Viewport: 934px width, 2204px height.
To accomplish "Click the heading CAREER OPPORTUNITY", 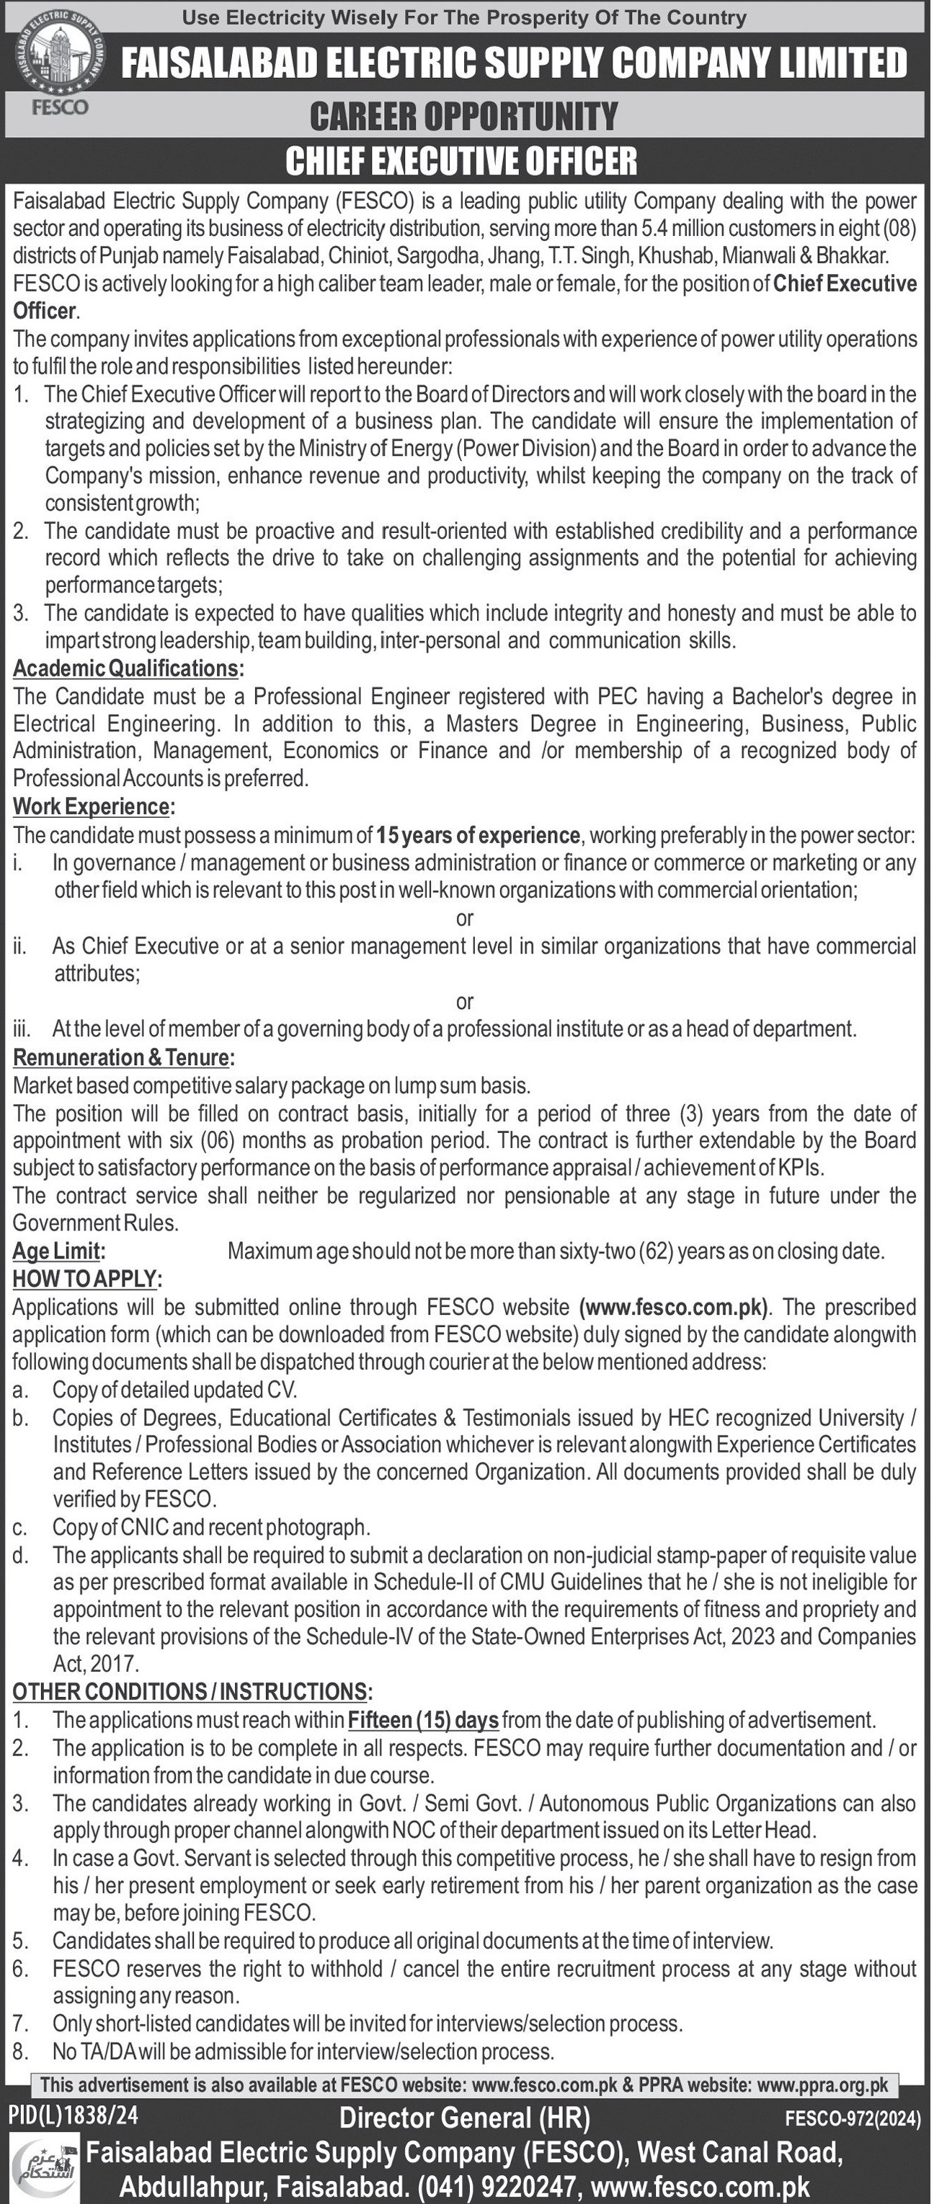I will click(463, 116).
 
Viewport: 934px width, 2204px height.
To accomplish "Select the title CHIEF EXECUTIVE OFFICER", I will click(461, 161).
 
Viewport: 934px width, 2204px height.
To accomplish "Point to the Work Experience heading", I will click(92, 807).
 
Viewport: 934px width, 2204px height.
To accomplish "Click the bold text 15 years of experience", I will click(478, 835).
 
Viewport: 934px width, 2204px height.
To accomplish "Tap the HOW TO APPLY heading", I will click(86, 1279).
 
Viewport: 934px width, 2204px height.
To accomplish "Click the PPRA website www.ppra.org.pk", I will click(822, 2084).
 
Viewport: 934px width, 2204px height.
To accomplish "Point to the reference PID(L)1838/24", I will click(74, 2116).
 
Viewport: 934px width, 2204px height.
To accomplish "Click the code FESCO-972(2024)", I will click(852, 2120).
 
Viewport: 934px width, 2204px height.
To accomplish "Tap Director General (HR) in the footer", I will click(464, 2117).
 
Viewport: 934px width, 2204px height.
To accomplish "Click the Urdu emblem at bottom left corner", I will click(45, 2166).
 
